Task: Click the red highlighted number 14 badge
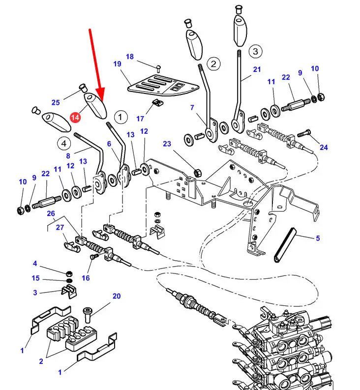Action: [75, 118]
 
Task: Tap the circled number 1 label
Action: [120, 117]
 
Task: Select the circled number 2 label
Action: [213, 63]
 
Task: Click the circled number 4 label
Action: [63, 144]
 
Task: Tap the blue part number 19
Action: [117, 64]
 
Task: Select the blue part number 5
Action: [318, 239]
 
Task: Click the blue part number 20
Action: [116, 296]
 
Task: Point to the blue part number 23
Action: [167, 144]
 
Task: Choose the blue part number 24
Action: [324, 147]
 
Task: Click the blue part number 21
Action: [257, 69]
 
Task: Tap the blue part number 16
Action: [86, 278]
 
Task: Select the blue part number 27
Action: [60, 227]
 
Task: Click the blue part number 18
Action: [129, 57]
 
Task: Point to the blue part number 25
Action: [56, 102]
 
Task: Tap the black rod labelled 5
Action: [283, 243]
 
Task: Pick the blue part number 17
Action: [140, 119]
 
